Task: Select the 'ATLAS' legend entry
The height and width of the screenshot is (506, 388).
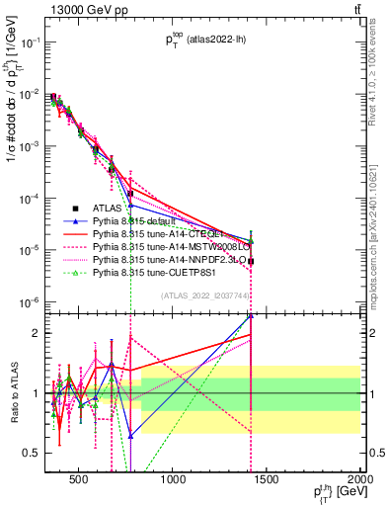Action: click(x=108, y=208)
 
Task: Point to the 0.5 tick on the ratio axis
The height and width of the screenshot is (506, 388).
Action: click(x=34, y=453)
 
